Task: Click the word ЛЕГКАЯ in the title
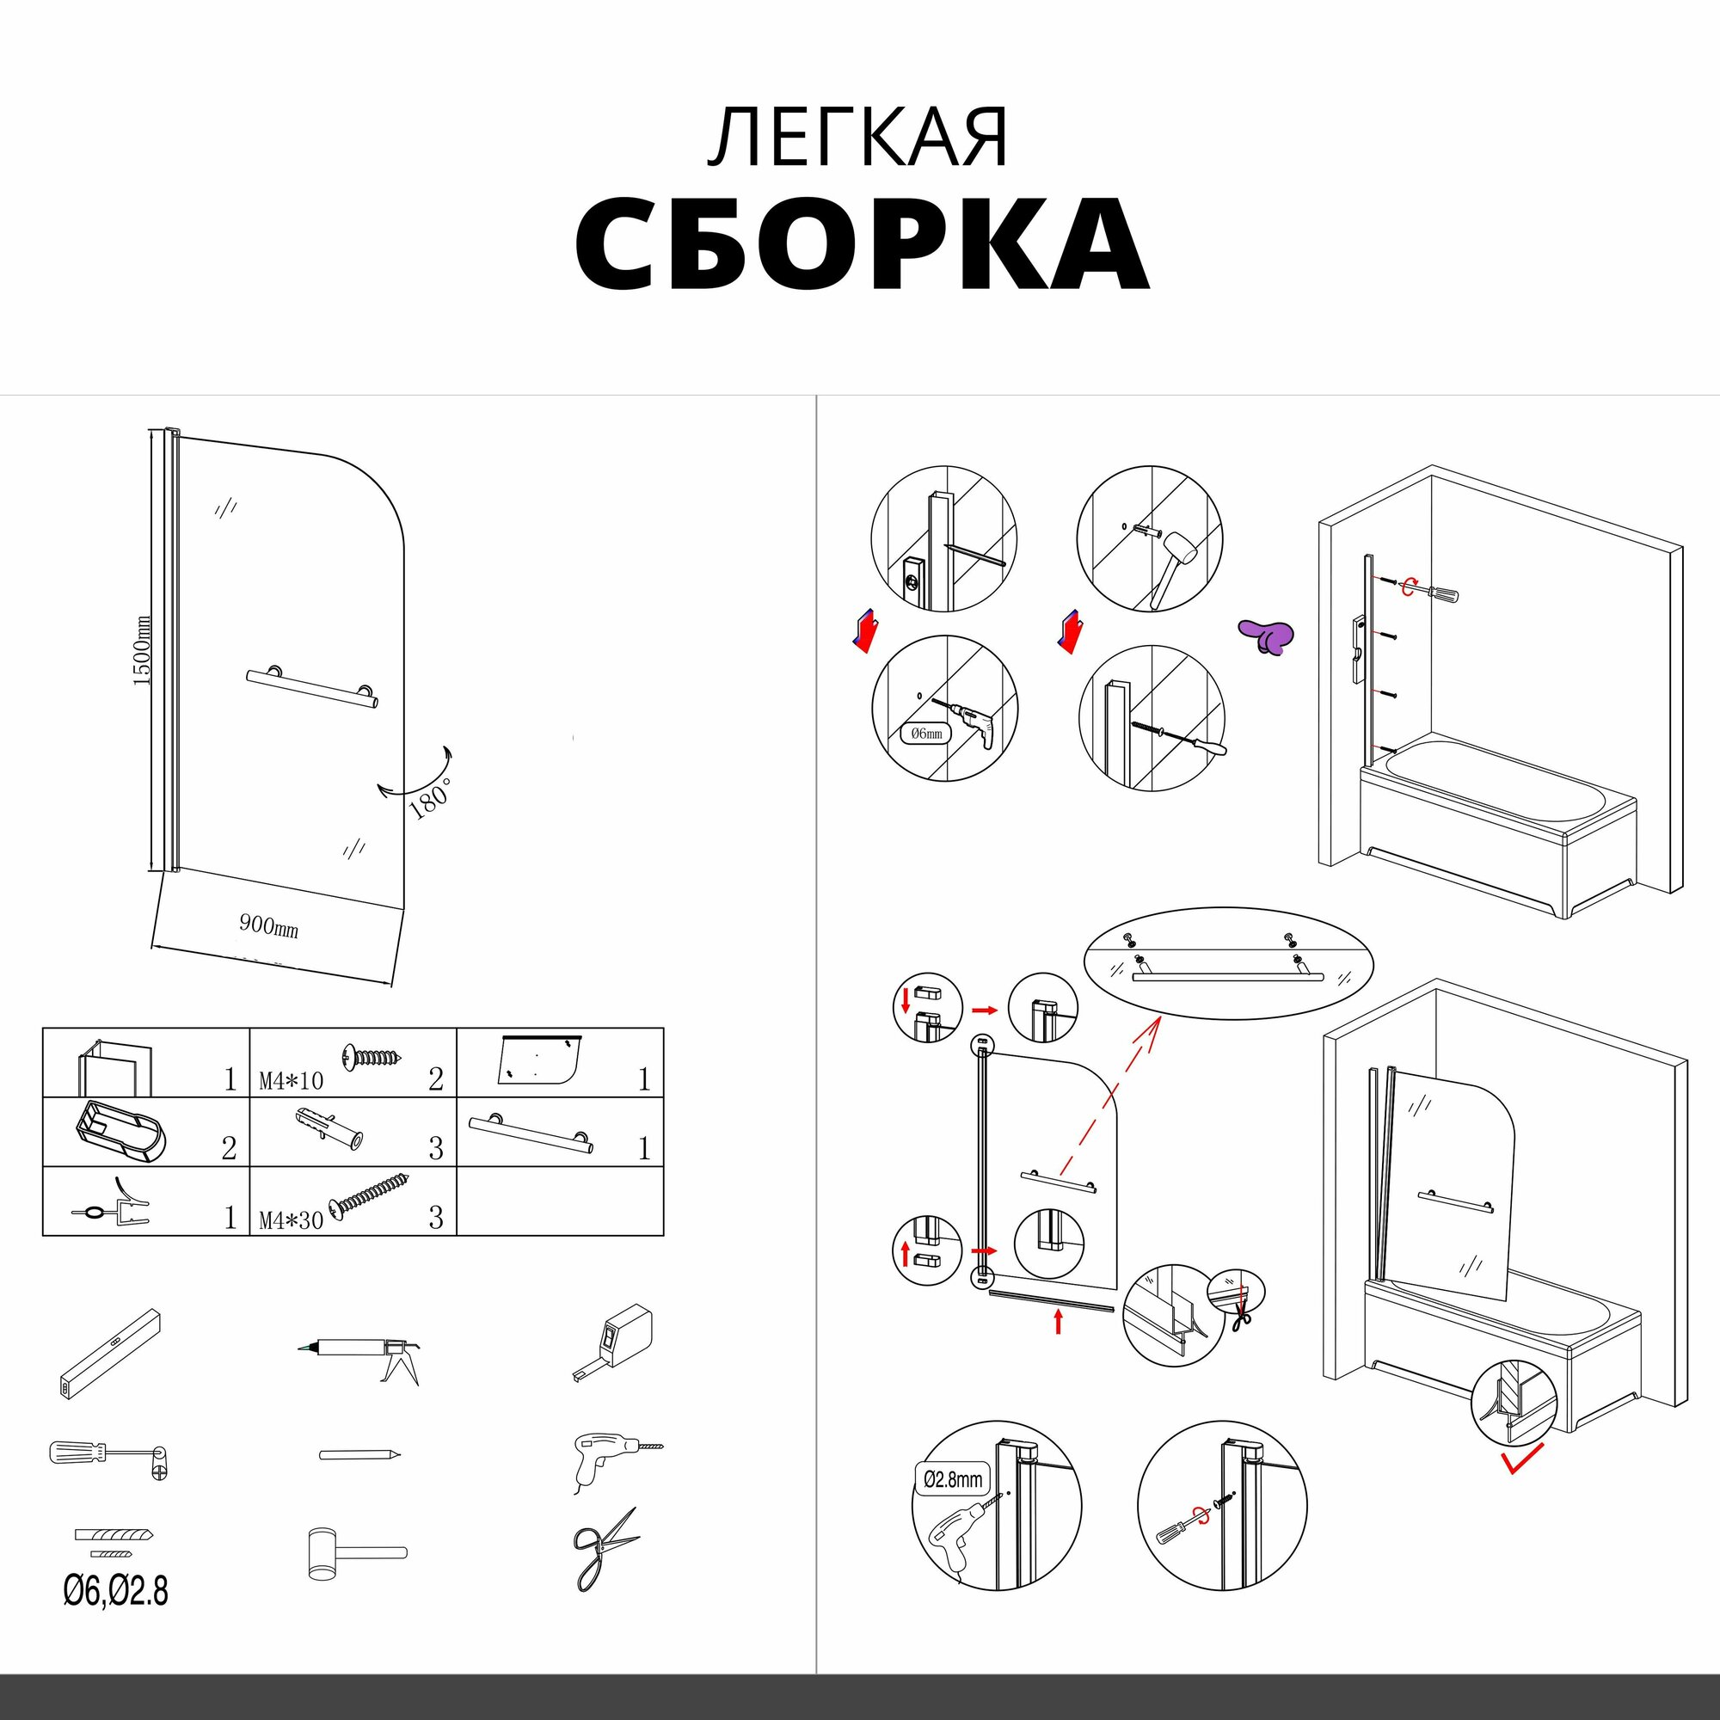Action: pos(858,137)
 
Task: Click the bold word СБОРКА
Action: pos(861,244)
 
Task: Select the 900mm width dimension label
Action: pos(268,926)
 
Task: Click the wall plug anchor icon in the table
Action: pos(330,1130)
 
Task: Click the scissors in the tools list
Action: pos(605,1550)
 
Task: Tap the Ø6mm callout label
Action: pos(926,734)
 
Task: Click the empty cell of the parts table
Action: pos(560,1201)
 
